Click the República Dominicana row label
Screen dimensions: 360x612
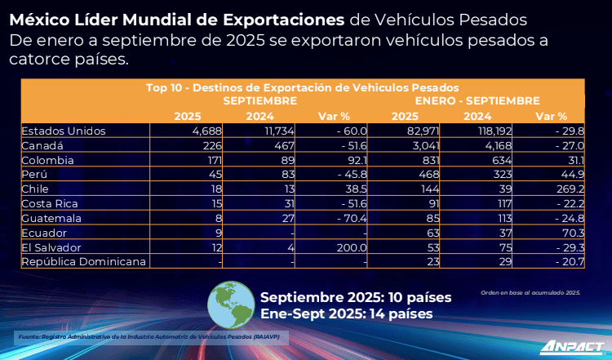pos(84,261)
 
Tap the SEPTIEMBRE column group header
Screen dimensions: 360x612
pos(259,100)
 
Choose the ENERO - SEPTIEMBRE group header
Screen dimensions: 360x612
pos(477,100)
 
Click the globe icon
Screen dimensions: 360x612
pos(232,304)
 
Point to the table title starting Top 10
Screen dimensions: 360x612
pos(302,87)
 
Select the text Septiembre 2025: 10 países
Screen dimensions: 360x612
pos(355,297)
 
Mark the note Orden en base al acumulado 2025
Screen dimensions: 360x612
pos(530,291)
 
